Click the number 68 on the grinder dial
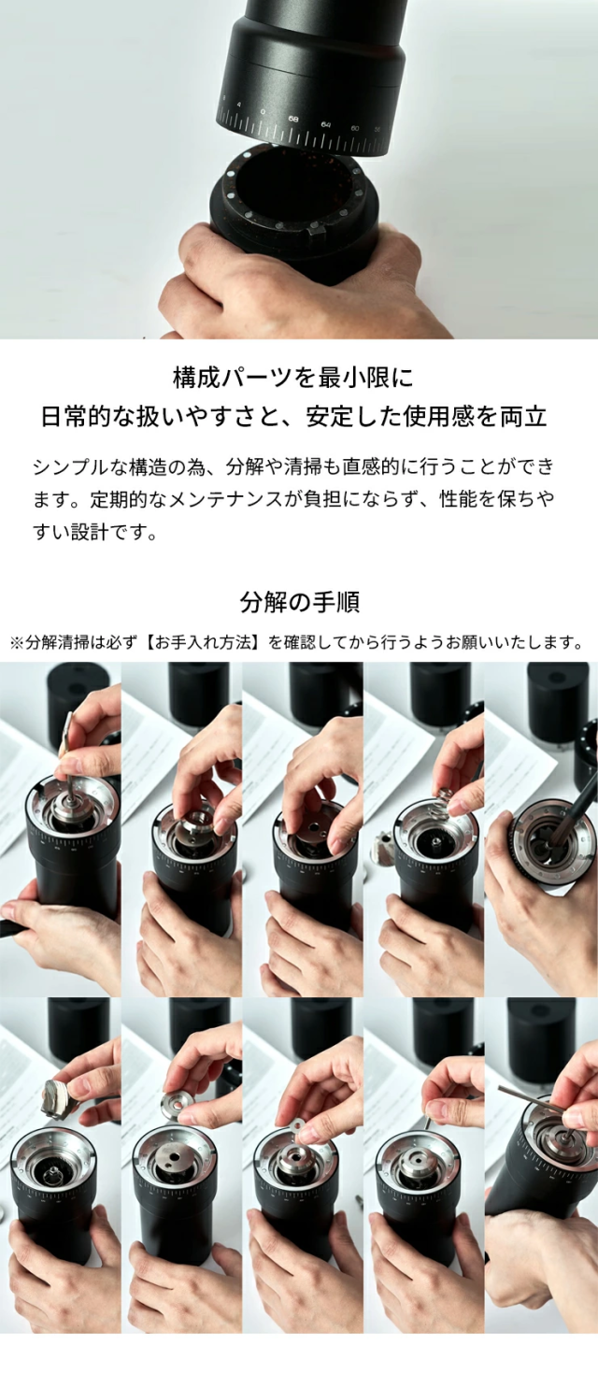[x=293, y=119]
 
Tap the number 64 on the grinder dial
[x=326, y=124]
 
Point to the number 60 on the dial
[x=355, y=128]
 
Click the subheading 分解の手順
[x=299, y=602]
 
